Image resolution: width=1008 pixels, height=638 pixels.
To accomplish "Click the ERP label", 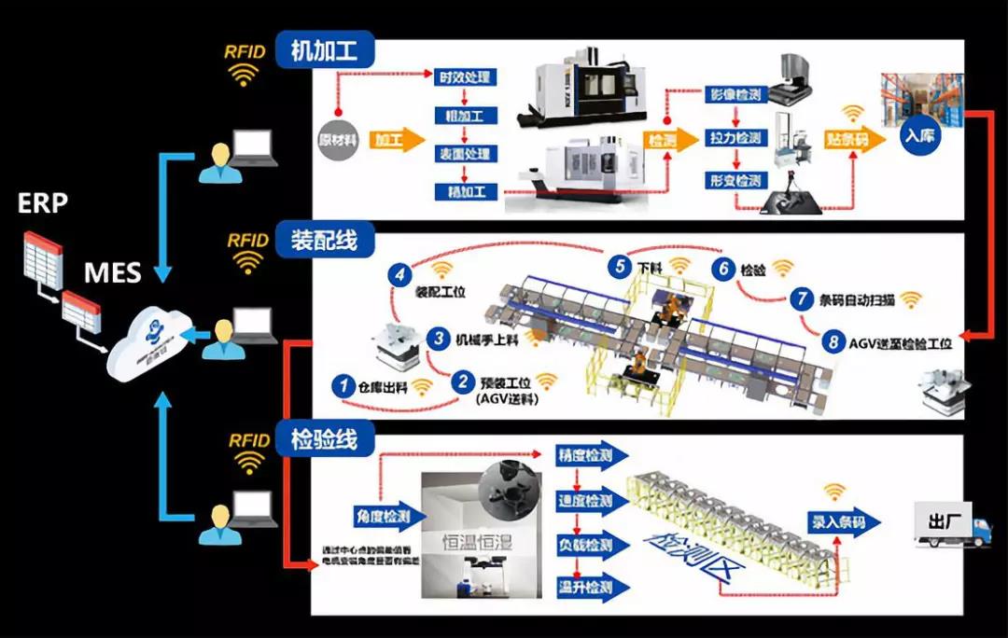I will coord(43,202).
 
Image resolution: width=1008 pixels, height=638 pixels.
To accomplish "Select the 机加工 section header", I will coord(325,50).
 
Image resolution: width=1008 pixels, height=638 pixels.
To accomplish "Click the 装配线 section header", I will coord(325,241).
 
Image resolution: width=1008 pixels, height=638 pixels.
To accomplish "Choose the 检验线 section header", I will coord(325,439).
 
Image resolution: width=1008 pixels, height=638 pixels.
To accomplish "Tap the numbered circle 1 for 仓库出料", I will coord(343,384).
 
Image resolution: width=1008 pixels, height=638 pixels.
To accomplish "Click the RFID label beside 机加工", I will coord(246,51).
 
